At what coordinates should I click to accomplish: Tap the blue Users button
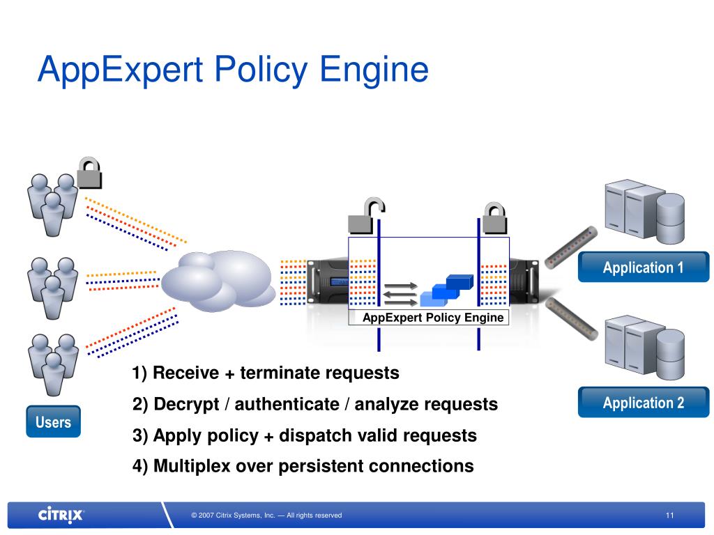tap(53, 421)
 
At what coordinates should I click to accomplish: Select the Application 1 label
tap(643, 267)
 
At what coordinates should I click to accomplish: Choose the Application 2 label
tap(643, 403)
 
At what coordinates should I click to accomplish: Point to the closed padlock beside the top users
tap(89, 173)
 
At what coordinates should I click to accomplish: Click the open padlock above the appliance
tap(365, 215)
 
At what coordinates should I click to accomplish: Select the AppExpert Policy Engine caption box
tap(432, 318)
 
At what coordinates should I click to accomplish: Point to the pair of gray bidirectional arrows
tap(400, 292)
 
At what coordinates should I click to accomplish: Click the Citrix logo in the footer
tap(61, 515)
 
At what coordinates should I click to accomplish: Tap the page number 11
tap(669, 515)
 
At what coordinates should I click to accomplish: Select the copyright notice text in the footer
tap(266, 515)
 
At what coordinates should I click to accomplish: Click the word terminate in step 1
tap(279, 373)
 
